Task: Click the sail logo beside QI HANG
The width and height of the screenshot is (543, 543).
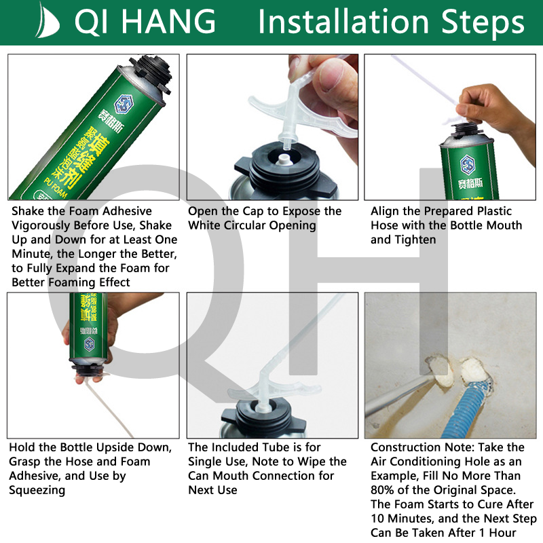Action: pyautogui.click(x=47, y=21)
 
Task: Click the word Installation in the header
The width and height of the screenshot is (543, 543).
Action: pyautogui.click(x=343, y=22)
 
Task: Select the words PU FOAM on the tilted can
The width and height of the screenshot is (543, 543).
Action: pyautogui.click(x=56, y=188)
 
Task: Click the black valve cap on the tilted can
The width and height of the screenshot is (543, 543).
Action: pyautogui.click(x=151, y=75)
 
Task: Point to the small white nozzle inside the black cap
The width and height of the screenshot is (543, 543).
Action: pyautogui.click(x=284, y=160)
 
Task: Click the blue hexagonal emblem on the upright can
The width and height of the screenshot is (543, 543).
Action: pyautogui.click(x=467, y=165)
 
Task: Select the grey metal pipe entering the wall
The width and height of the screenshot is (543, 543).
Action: pyautogui.click(x=398, y=395)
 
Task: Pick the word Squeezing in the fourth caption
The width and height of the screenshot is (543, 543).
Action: pyautogui.click(x=37, y=490)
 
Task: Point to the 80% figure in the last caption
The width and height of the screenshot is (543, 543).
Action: pyautogui.click(x=382, y=490)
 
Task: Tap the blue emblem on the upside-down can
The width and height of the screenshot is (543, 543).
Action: pyautogui.click(x=90, y=344)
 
